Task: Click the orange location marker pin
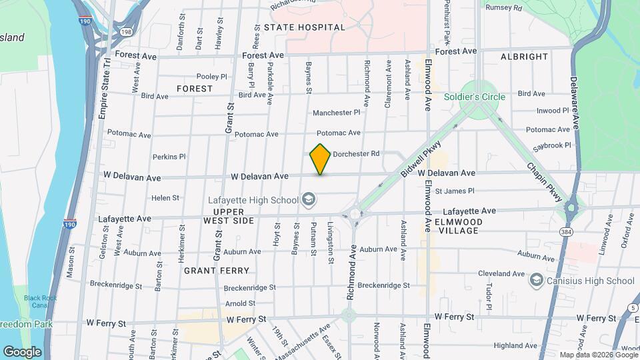(321, 159)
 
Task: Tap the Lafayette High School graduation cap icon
(308, 199)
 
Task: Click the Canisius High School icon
(536, 281)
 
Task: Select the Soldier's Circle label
(475, 97)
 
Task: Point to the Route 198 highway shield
(125, 31)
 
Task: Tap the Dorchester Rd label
(356, 153)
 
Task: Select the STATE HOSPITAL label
(305, 27)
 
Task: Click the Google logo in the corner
(22, 351)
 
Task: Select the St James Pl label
(454, 191)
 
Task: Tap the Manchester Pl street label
(337, 113)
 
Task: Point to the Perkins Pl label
(169, 157)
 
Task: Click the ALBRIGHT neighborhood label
(524, 57)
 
